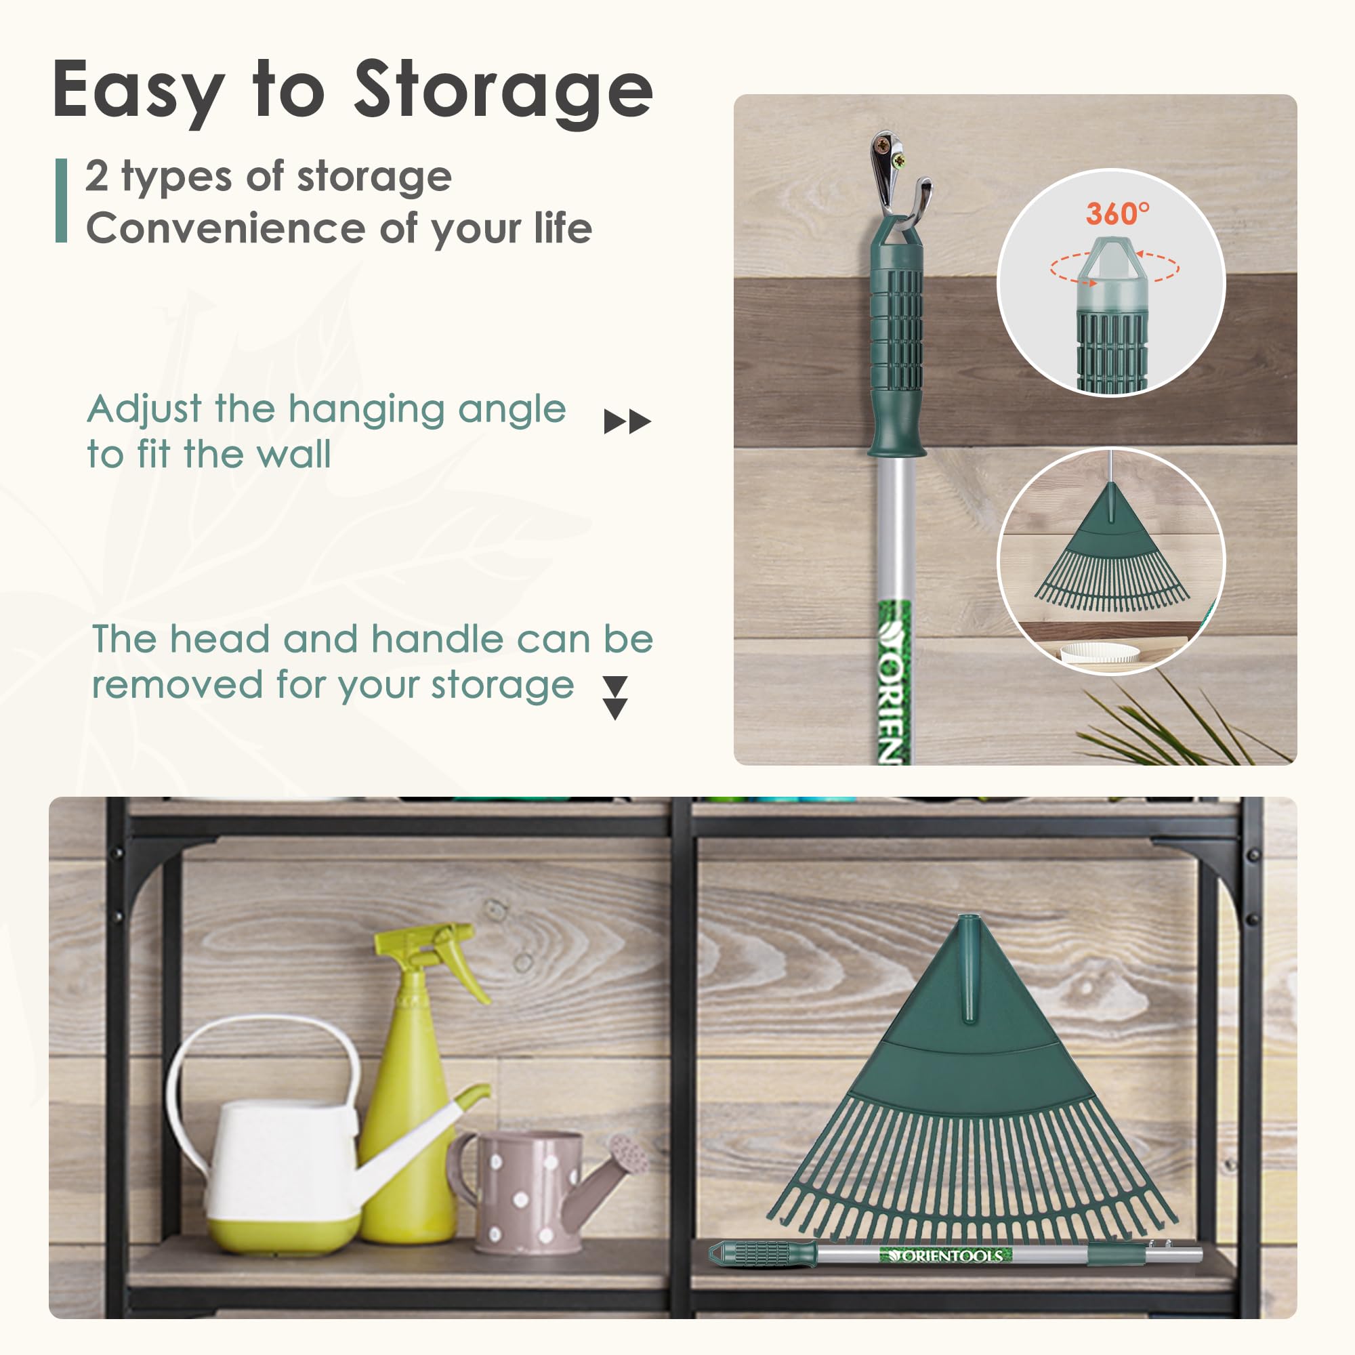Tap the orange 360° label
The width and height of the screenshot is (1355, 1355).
[1118, 213]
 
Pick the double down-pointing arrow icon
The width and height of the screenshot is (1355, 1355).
[615, 698]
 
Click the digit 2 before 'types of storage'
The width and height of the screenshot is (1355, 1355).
[98, 175]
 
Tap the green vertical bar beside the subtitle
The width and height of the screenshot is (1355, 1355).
[62, 201]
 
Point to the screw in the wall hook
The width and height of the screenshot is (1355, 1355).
[899, 162]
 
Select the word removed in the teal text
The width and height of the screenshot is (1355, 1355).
[178, 684]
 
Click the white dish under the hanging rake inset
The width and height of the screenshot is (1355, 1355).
[1099, 653]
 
